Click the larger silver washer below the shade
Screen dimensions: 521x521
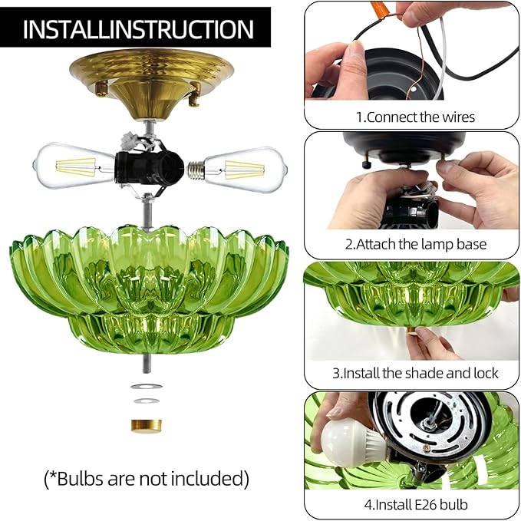(x=145, y=387)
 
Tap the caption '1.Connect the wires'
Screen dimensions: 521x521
(x=415, y=117)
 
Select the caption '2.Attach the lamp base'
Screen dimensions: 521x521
(x=415, y=244)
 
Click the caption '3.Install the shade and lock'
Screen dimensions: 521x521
(x=416, y=374)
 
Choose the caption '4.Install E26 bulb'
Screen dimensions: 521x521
(x=415, y=505)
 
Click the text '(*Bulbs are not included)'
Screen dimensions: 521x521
(x=147, y=479)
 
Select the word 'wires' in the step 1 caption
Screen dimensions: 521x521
(x=458, y=117)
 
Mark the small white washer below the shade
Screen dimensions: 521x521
(x=145, y=401)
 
